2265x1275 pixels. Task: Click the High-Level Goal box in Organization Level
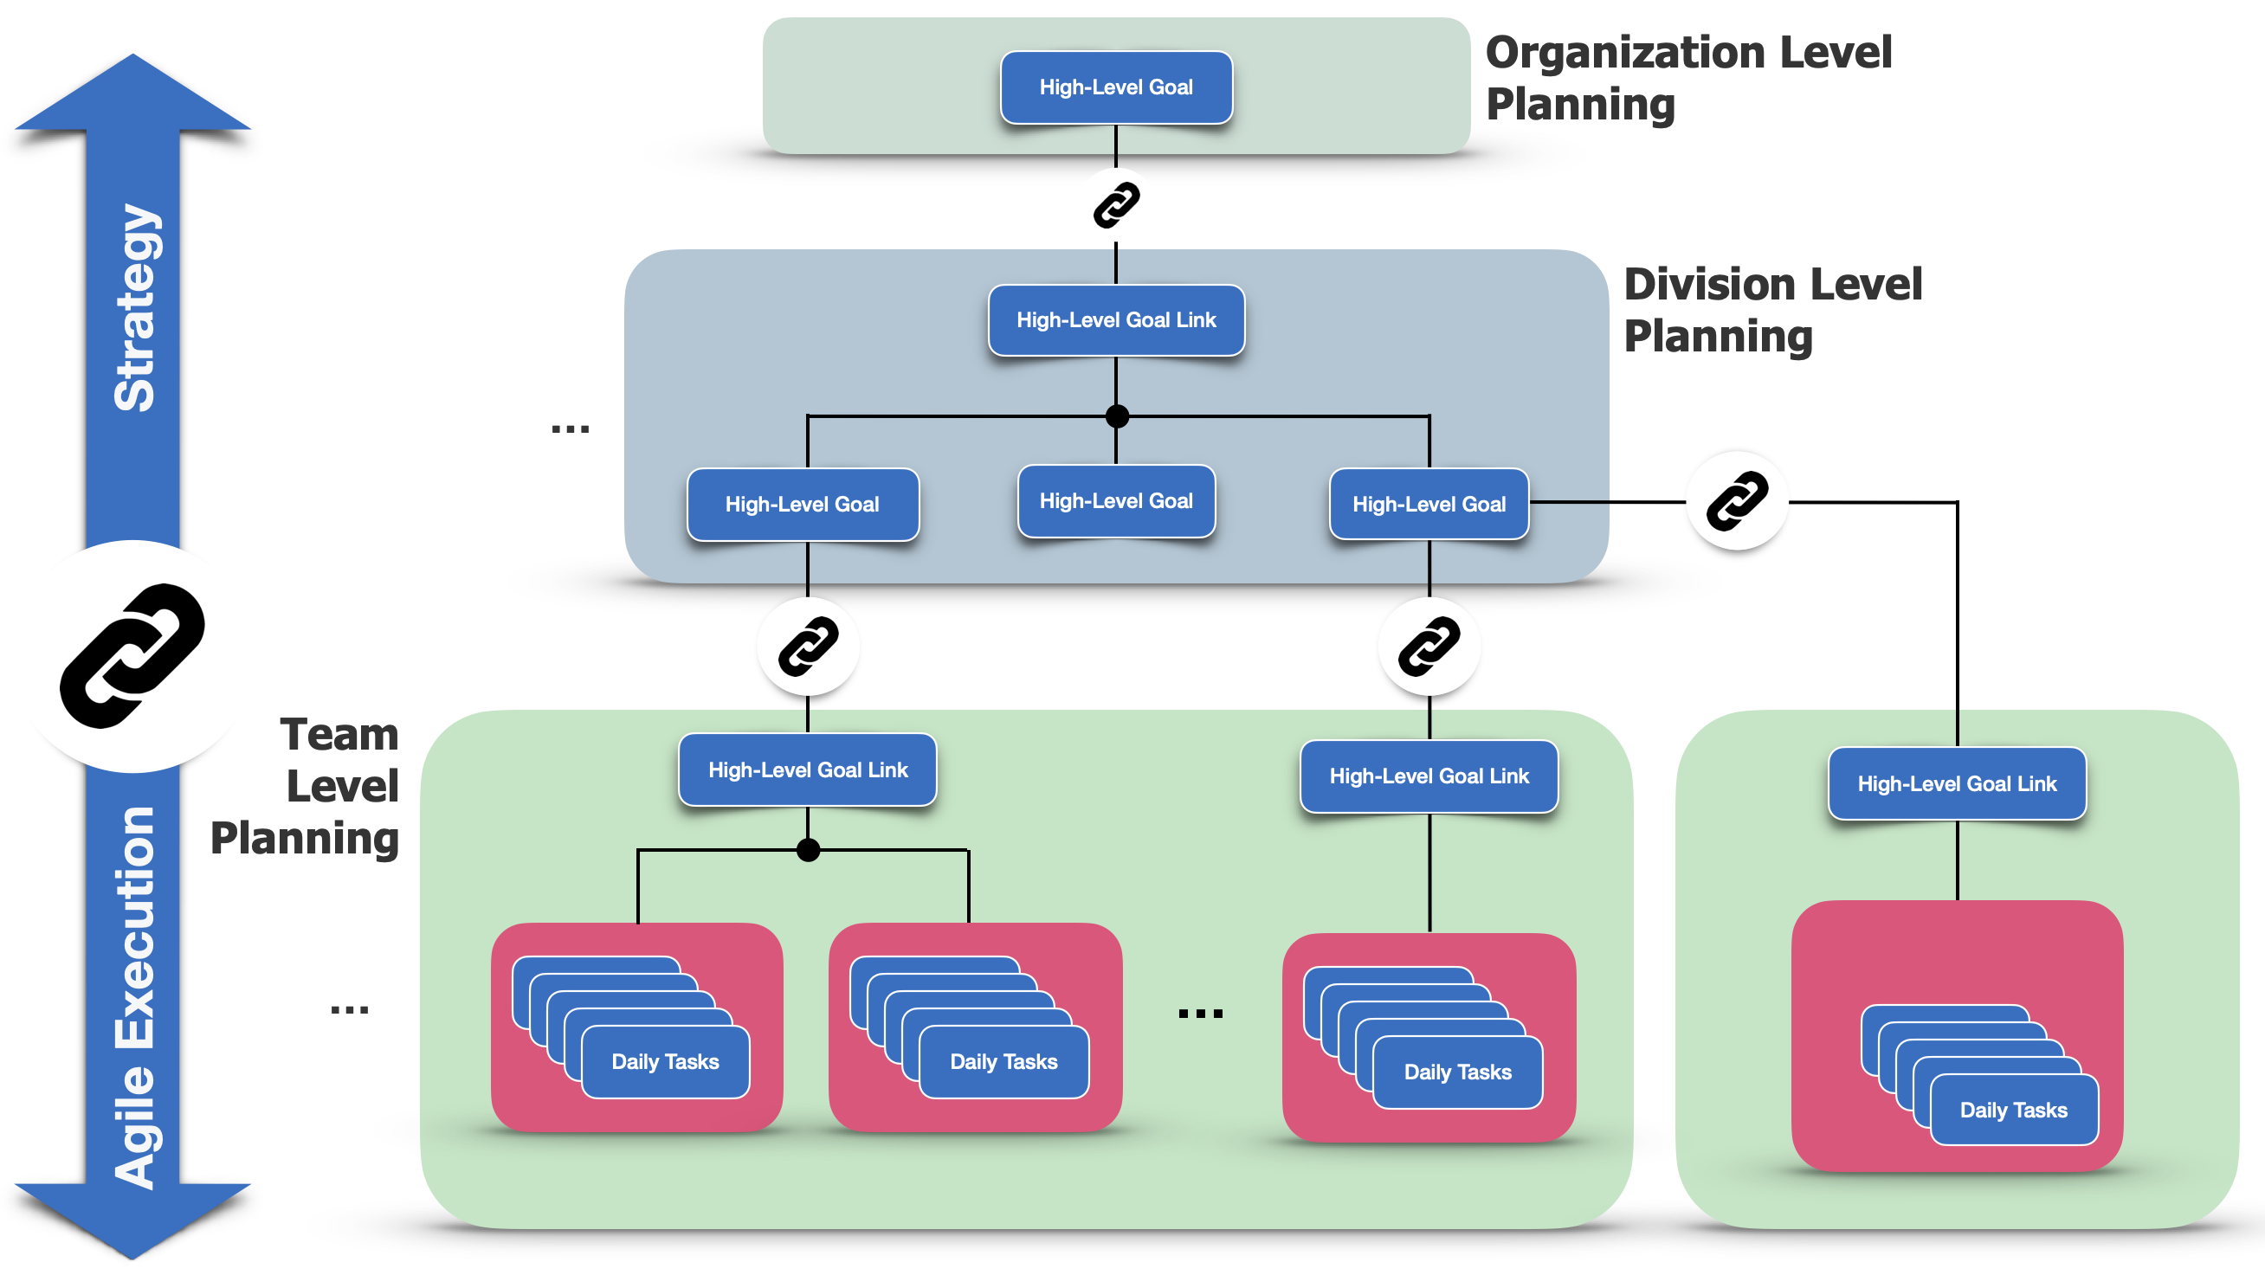point(1116,87)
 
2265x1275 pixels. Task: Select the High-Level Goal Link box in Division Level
point(1116,320)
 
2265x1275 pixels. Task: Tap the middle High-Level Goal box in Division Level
point(1116,500)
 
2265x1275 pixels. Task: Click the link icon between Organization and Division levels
point(1117,205)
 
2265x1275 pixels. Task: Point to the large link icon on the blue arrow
point(132,656)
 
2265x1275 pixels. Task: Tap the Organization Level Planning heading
point(1688,77)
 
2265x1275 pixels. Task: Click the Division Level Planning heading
point(1772,310)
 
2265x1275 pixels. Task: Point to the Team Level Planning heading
point(304,785)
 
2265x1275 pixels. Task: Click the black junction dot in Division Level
point(1117,416)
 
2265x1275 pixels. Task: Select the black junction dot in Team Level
point(808,850)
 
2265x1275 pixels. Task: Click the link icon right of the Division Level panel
point(1738,501)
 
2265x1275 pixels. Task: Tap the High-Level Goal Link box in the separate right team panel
point(1958,783)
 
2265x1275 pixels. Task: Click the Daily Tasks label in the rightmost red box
point(2014,1110)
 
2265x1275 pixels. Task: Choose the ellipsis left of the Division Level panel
point(570,429)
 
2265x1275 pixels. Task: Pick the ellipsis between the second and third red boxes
point(1200,1014)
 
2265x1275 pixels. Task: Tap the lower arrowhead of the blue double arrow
point(132,1221)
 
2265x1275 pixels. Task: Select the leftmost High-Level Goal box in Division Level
point(803,504)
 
